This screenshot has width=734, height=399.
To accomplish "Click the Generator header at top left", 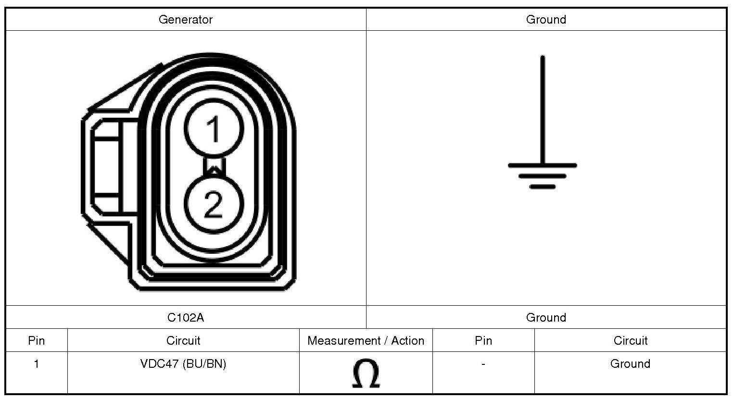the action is (186, 20).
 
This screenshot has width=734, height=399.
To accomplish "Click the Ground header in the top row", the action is (546, 20).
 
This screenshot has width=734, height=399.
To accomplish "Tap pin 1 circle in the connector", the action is (214, 128).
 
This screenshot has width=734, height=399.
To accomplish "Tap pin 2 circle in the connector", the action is (214, 204).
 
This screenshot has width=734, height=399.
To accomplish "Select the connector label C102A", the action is (186, 317).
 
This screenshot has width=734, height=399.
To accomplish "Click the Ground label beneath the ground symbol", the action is (546, 317).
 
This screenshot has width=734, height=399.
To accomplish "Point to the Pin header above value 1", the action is (37, 341).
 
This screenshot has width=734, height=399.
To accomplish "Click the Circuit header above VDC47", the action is (183, 341).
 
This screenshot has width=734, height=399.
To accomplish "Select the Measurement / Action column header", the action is (366, 341).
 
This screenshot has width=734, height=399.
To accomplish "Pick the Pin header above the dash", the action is (483, 341).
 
